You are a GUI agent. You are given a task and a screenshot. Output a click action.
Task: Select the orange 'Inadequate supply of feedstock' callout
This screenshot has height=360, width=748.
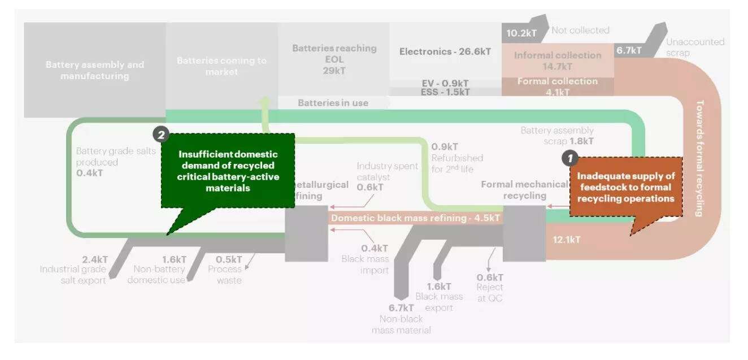pyautogui.click(x=625, y=187)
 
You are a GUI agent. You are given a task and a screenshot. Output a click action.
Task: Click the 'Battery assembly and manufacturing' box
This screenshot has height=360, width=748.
pyautogui.click(x=94, y=70)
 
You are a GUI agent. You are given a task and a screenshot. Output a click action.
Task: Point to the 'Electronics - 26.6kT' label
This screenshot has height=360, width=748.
pyautogui.click(x=445, y=52)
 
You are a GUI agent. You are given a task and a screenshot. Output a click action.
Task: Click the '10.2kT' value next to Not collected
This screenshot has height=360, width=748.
pyautogui.click(x=521, y=33)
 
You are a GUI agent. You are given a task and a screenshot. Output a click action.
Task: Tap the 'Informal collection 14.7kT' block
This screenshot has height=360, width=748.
pyautogui.click(x=557, y=60)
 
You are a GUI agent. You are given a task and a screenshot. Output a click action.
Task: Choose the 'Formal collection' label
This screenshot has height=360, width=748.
pyautogui.click(x=557, y=81)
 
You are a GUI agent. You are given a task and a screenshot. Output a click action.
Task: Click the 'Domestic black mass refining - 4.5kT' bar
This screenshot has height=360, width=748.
pyautogui.click(x=415, y=218)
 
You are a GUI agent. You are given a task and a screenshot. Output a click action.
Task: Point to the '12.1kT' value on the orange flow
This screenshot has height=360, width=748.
pyautogui.click(x=566, y=240)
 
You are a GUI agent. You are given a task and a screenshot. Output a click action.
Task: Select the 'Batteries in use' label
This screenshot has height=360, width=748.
pyautogui.click(x=333, y=103)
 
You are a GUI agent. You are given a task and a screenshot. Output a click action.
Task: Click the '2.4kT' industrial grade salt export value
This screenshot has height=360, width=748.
pyautogui.click(x=95, y=259)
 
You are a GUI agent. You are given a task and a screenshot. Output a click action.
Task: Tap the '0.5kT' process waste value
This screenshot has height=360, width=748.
pyautogui.click(x=229, y=259)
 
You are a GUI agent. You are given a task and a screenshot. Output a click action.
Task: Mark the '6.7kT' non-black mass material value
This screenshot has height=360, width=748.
pyautogui.click(x=401, y=308)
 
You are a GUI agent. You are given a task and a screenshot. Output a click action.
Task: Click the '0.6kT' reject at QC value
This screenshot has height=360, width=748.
pyautogui.click(x=489, y=277)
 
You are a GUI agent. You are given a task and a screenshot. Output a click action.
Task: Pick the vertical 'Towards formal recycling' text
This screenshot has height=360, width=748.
pyautogui.click(x=699, y=158)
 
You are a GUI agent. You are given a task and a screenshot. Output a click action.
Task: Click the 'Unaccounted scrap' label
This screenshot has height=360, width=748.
pyautogui.click(x=694, y=47)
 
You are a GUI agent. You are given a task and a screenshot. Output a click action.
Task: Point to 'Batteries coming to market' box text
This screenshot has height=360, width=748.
pyautogui.click(x=221, y=66)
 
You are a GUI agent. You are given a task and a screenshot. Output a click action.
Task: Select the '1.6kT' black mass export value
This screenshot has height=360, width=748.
pyautogui.click(x=439, y=287)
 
